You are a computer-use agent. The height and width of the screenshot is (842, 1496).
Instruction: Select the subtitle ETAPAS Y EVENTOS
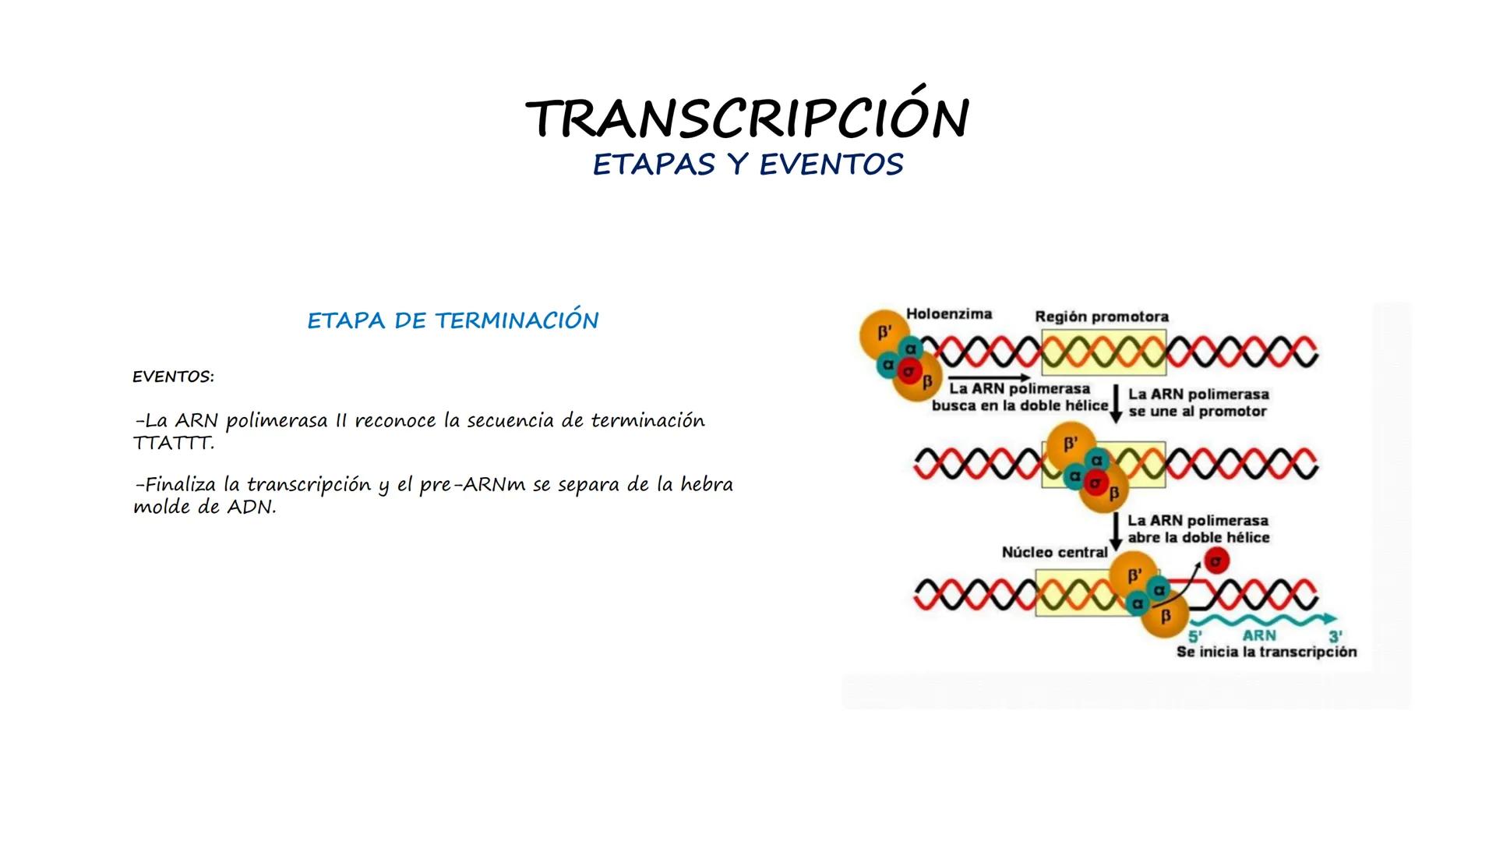748,165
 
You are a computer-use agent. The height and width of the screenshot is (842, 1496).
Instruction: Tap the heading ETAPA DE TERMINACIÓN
453,320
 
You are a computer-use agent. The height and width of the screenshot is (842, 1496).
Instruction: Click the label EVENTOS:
173,377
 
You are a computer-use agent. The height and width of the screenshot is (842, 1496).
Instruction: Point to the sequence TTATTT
173,443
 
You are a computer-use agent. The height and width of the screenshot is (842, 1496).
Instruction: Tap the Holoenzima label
949,313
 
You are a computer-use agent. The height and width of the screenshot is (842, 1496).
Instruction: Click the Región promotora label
1102,317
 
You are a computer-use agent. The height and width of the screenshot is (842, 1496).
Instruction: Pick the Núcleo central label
1054,552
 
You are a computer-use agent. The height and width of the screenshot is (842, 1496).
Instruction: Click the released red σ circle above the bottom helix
1215,560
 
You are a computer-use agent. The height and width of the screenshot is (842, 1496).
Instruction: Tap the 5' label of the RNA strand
1195,636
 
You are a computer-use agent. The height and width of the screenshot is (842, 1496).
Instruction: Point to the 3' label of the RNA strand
1335,636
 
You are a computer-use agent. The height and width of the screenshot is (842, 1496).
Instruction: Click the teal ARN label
1259,636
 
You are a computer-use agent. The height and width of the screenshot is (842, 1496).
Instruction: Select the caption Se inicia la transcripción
1266,652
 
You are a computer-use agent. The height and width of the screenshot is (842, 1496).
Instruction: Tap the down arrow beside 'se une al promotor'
1116,404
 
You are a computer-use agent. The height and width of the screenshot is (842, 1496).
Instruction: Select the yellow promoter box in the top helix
1103,352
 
